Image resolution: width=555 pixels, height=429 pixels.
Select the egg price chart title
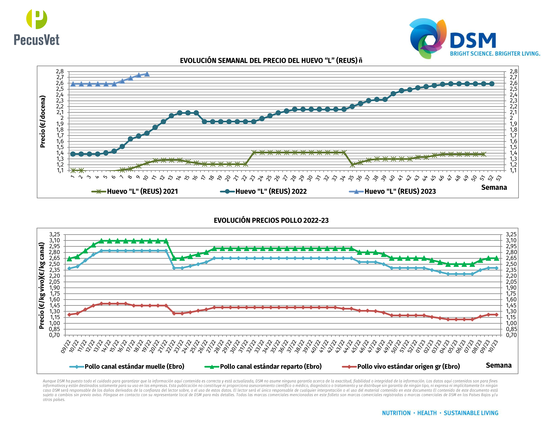[x=271, y=61]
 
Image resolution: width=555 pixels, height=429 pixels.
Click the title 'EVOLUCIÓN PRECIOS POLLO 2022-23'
[x=271, y=220]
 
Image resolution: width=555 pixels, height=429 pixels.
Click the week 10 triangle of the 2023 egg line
[x=147, y=74]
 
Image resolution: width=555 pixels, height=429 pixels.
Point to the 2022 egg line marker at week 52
[x=492, y=84]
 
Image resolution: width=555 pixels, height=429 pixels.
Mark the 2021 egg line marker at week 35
[x=352, y=165]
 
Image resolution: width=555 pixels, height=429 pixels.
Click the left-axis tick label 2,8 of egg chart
[x=60, y=71]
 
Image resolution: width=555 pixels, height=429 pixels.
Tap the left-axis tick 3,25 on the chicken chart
[x=55, y=234]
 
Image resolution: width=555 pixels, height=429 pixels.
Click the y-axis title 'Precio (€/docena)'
[x=43, y=122]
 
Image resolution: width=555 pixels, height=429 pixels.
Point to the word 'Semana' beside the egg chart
[x=494, y=188]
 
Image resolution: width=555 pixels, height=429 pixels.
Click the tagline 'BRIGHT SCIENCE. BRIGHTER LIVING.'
[x=495, y=54]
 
